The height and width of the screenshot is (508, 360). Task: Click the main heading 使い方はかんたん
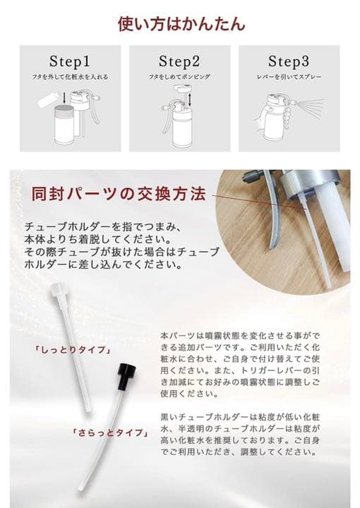point(181,23)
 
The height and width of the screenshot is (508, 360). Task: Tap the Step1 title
point(70,61)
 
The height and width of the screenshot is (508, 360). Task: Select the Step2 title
point(179,61)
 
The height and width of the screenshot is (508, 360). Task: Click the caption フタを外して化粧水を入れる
point(70,76)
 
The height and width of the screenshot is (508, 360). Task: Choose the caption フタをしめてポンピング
point(179,76)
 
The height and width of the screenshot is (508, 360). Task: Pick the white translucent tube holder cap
point(59,291)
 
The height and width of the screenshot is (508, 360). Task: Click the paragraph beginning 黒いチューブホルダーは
point(246,433)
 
